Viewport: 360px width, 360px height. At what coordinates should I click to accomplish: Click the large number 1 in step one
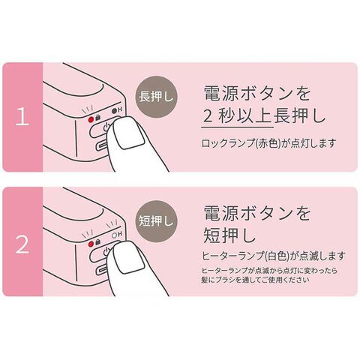[x=22, y=117]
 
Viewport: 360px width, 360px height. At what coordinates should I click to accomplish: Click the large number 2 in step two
[x=22, y=244]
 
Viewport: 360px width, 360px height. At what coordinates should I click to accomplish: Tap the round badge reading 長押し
[x=156, y=97]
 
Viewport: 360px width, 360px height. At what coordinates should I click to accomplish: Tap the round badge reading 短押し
[x=156, y=221]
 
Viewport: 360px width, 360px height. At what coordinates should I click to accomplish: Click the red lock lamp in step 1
[x=91, y=118]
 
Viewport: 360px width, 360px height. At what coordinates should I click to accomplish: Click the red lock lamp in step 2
[x=91, y=243]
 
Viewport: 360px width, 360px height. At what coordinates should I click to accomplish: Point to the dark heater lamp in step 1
[x=114, y=110]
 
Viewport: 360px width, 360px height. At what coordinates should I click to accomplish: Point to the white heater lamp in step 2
[x=114, y=235]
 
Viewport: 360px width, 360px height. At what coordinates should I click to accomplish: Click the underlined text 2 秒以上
[x=237, y=116]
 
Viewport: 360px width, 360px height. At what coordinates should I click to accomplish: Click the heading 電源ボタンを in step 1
[x=257, y=94]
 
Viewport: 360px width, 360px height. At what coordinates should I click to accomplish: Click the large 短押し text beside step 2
[x=229, y=235]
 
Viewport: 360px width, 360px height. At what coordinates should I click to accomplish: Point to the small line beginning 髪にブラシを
[x=256, y=280]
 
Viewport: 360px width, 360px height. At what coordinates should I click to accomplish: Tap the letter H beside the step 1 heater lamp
[x=120, y=110]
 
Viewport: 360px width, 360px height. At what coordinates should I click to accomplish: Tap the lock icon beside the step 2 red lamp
[x=97, y=242]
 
